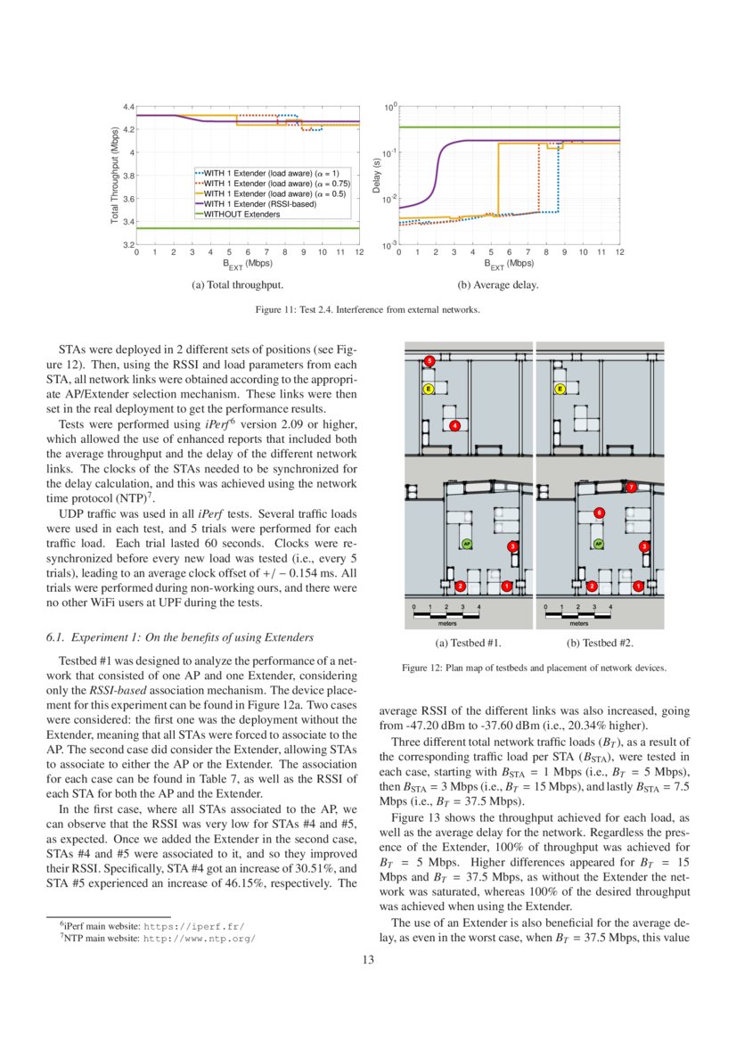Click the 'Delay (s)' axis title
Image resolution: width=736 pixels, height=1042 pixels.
[x=377, y=176]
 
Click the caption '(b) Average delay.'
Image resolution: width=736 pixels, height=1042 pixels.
[x=497, y=285]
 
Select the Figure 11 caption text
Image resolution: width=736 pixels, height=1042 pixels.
[x=367, y=310]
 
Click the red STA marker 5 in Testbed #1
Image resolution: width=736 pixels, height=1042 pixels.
[x=429, y=361]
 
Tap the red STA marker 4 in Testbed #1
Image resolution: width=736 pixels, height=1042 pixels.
[x=455, y=426]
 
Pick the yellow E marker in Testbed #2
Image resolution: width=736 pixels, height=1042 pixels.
[x=560, y=390]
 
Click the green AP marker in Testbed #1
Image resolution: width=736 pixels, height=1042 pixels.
[x=466, y=542]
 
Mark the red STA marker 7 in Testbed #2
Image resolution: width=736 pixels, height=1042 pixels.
[x=631, y=488]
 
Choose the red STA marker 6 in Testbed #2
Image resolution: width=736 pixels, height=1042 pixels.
[x=599, y=513]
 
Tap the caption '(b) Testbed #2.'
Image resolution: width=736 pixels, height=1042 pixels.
[x=600, y=643]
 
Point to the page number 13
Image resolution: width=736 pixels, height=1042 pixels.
[x=367, y=960]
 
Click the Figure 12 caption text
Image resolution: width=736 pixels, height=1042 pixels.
[x=534, y=668]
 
